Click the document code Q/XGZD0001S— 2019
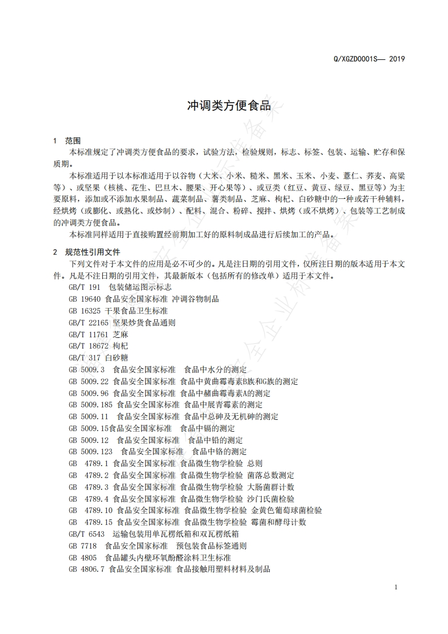(x=370, y=59)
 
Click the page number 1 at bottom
(x=396, y=587)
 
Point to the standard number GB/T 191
(x=84, y=287)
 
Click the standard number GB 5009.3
(x=86, y=370)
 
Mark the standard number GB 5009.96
(x=89, y=393)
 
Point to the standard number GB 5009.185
(x=91, y=405)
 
